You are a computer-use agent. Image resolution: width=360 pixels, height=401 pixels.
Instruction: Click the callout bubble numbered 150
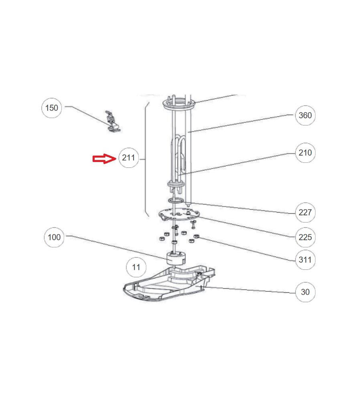click(x=52, y=108)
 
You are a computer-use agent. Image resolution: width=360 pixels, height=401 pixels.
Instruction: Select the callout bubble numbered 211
click(x=129, y=158)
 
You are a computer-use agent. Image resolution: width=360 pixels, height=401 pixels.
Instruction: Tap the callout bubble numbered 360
click(x=305, y=115)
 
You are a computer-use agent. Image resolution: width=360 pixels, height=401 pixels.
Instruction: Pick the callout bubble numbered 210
click(x=305, y=153)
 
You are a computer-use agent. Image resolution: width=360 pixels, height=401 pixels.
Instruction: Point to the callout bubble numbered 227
click(x=305, y=212)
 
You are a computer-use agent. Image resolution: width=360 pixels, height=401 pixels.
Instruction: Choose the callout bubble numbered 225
click(x=305, y=237)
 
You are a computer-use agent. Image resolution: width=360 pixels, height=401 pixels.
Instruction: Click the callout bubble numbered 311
click(x=305, y=259)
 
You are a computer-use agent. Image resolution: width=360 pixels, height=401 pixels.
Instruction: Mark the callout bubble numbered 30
click(x=305, y=292)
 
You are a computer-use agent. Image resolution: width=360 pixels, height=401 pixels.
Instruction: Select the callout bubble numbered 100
click(x=54, y=237)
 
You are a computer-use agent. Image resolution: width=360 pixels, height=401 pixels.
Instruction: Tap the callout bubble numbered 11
click(x=136, y=267)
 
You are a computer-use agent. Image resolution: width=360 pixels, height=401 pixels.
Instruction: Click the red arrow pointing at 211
click(x=104, y=158)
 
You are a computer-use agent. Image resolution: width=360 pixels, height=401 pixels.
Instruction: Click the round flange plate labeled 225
click(x=179, y=214)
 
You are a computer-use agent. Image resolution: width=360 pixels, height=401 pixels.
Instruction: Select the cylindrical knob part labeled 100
click(x=176, y=258)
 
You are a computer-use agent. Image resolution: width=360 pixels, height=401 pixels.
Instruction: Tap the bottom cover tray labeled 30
click(x=169, y=283)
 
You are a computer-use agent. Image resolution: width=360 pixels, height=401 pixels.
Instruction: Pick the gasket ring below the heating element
click(x=176, y=200)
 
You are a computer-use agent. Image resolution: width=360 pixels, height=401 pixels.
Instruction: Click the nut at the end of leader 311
click(x=196, y=236)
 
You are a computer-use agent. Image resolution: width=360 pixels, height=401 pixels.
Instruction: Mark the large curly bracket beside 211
click(x=147, y=159)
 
